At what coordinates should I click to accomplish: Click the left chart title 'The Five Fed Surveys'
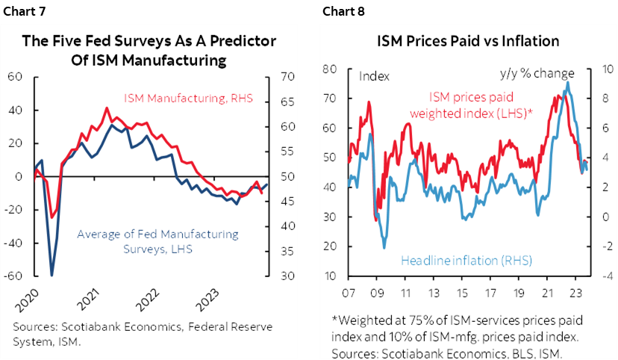[x=149, y=41]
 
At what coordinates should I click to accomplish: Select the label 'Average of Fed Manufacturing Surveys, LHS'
[x=158, y=241]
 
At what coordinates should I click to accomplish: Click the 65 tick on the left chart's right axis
[x=287, y=102]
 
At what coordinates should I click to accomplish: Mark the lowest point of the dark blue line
[x=51, y=275]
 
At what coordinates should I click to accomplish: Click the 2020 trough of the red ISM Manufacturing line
[x=51, y=217]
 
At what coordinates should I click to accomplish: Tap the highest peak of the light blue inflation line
[x=568, y=82]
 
